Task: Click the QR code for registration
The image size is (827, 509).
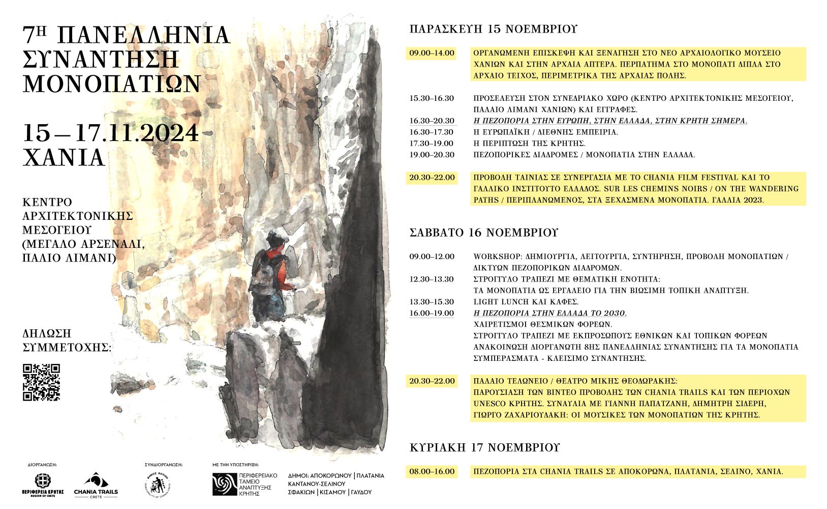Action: click(42, 382)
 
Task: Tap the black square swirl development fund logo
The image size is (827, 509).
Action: click(224, 484)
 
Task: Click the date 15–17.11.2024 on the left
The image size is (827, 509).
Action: click(110, 133)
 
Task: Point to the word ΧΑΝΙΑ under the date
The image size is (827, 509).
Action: click(64, 158)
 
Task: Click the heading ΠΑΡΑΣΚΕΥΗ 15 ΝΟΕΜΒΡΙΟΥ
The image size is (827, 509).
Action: click(493, 29)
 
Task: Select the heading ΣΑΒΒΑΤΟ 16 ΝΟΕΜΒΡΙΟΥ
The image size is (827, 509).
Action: click(483, 233)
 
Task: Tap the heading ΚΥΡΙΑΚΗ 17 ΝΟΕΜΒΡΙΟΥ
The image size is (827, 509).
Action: click(484, 447)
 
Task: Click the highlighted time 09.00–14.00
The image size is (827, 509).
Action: click(432, 53)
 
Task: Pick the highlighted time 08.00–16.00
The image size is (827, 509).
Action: click(432, 471)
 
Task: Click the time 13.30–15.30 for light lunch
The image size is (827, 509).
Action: click(432, 302)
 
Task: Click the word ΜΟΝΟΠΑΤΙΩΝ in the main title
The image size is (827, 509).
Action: click(112, 83)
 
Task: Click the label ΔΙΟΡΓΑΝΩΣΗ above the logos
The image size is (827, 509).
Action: click(42, 465)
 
